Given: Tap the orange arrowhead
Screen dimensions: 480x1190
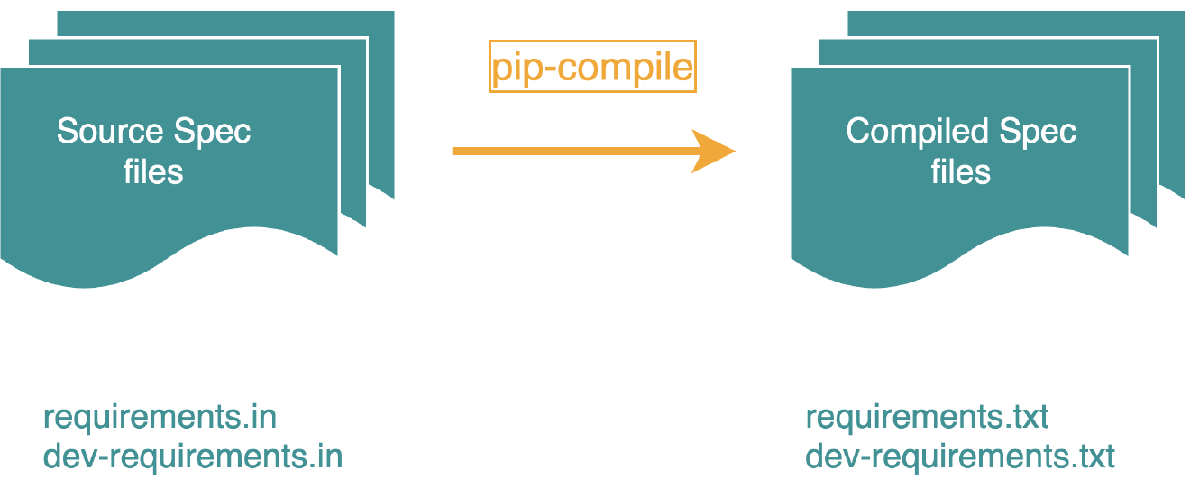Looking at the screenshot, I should pyautogui.click(x=716, y=151).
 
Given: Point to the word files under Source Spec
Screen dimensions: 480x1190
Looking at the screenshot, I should pyautogui.click(x=153, y=171).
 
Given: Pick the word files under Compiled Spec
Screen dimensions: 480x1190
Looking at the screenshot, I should pyautogui.click(x=961, y=171).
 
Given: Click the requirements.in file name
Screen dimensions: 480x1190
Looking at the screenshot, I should pyautogui.click(x=160, y=418).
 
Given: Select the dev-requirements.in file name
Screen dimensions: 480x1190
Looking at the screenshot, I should pyautogui.click(x=193, y=456).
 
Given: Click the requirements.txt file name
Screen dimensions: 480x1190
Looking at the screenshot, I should pyautogui.click(x=927, y=418).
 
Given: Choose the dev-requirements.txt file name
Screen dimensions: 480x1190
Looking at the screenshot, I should pyautogui.click(x=960, y=456).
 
